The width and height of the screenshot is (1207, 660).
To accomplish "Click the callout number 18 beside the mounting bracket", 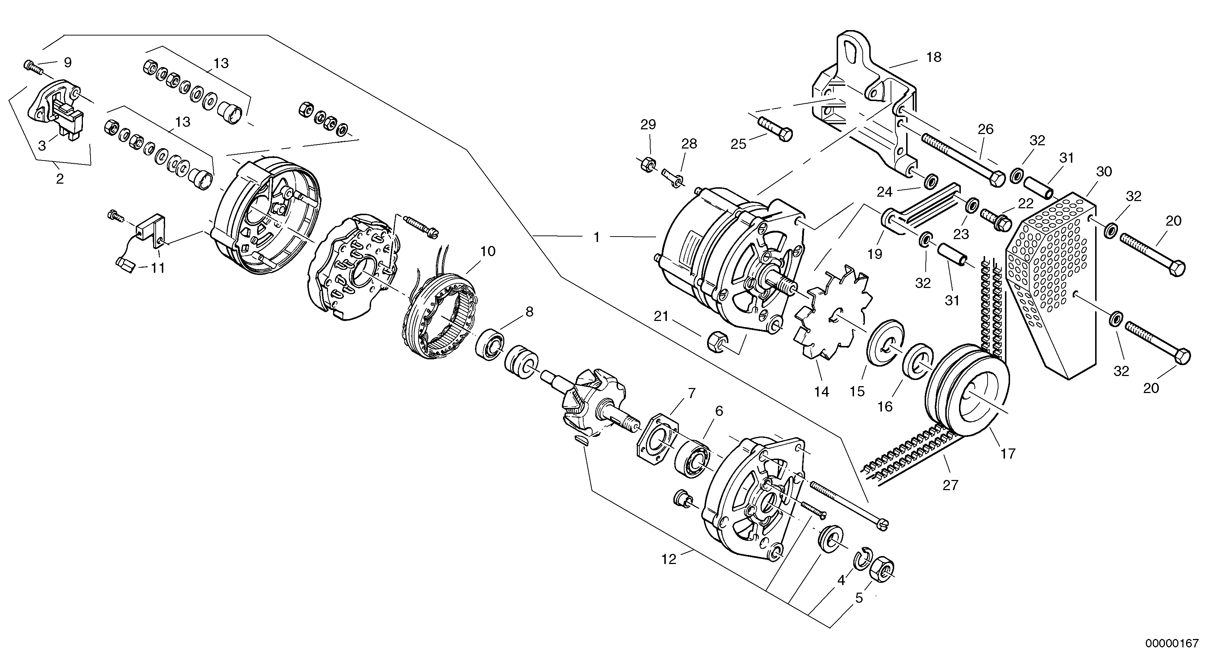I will pyautogui.click(x=933, y=58).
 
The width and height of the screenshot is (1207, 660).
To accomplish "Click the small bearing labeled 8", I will pyautogui.click(x=489, y=344).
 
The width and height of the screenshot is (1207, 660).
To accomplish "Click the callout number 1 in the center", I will pyautogui.click(x=597, y=238).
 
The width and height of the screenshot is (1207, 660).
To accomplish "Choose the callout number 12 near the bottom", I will pyautogui.click(x=669, y=560).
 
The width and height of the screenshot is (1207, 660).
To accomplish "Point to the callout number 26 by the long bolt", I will pyautogui.click(x=985, y=129).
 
